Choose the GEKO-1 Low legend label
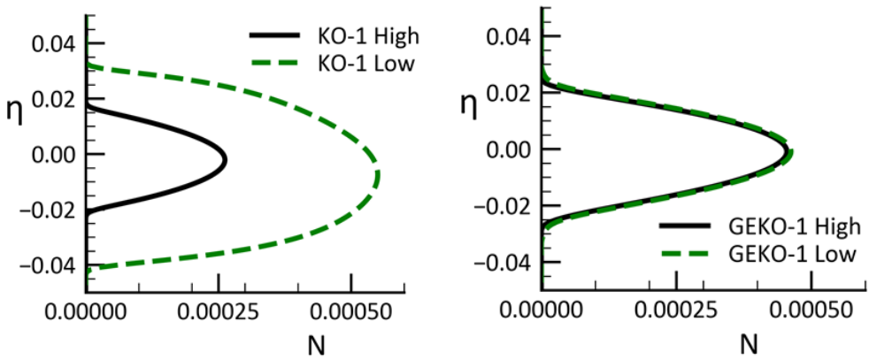[796, 254]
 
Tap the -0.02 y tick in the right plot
[504, 206]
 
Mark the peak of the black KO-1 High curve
[226, 160]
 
